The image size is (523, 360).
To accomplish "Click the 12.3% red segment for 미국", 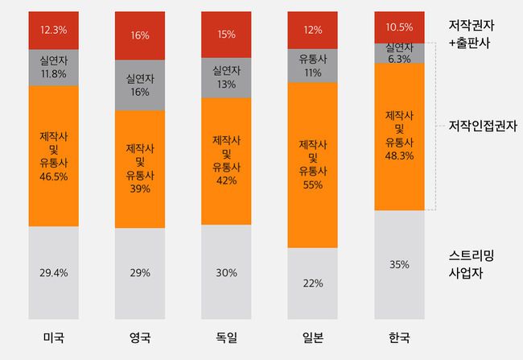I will (53, 30).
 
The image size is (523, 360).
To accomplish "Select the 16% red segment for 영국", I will (139, 36).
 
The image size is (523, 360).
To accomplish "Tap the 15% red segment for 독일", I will (226, 35).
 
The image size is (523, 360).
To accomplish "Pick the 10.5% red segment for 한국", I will (400, 27).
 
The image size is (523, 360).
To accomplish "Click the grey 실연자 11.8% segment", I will (53, 67).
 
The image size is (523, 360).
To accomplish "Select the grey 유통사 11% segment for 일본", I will (312, 64).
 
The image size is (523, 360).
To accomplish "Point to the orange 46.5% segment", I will (53, 155).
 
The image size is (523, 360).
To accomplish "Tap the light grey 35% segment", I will (400, 264).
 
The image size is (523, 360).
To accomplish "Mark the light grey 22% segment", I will (312, 283).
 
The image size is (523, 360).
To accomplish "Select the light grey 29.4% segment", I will (53, 273).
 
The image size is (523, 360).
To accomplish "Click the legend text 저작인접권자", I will (483, 126).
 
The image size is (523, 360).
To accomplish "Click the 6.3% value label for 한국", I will (400, 59).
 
